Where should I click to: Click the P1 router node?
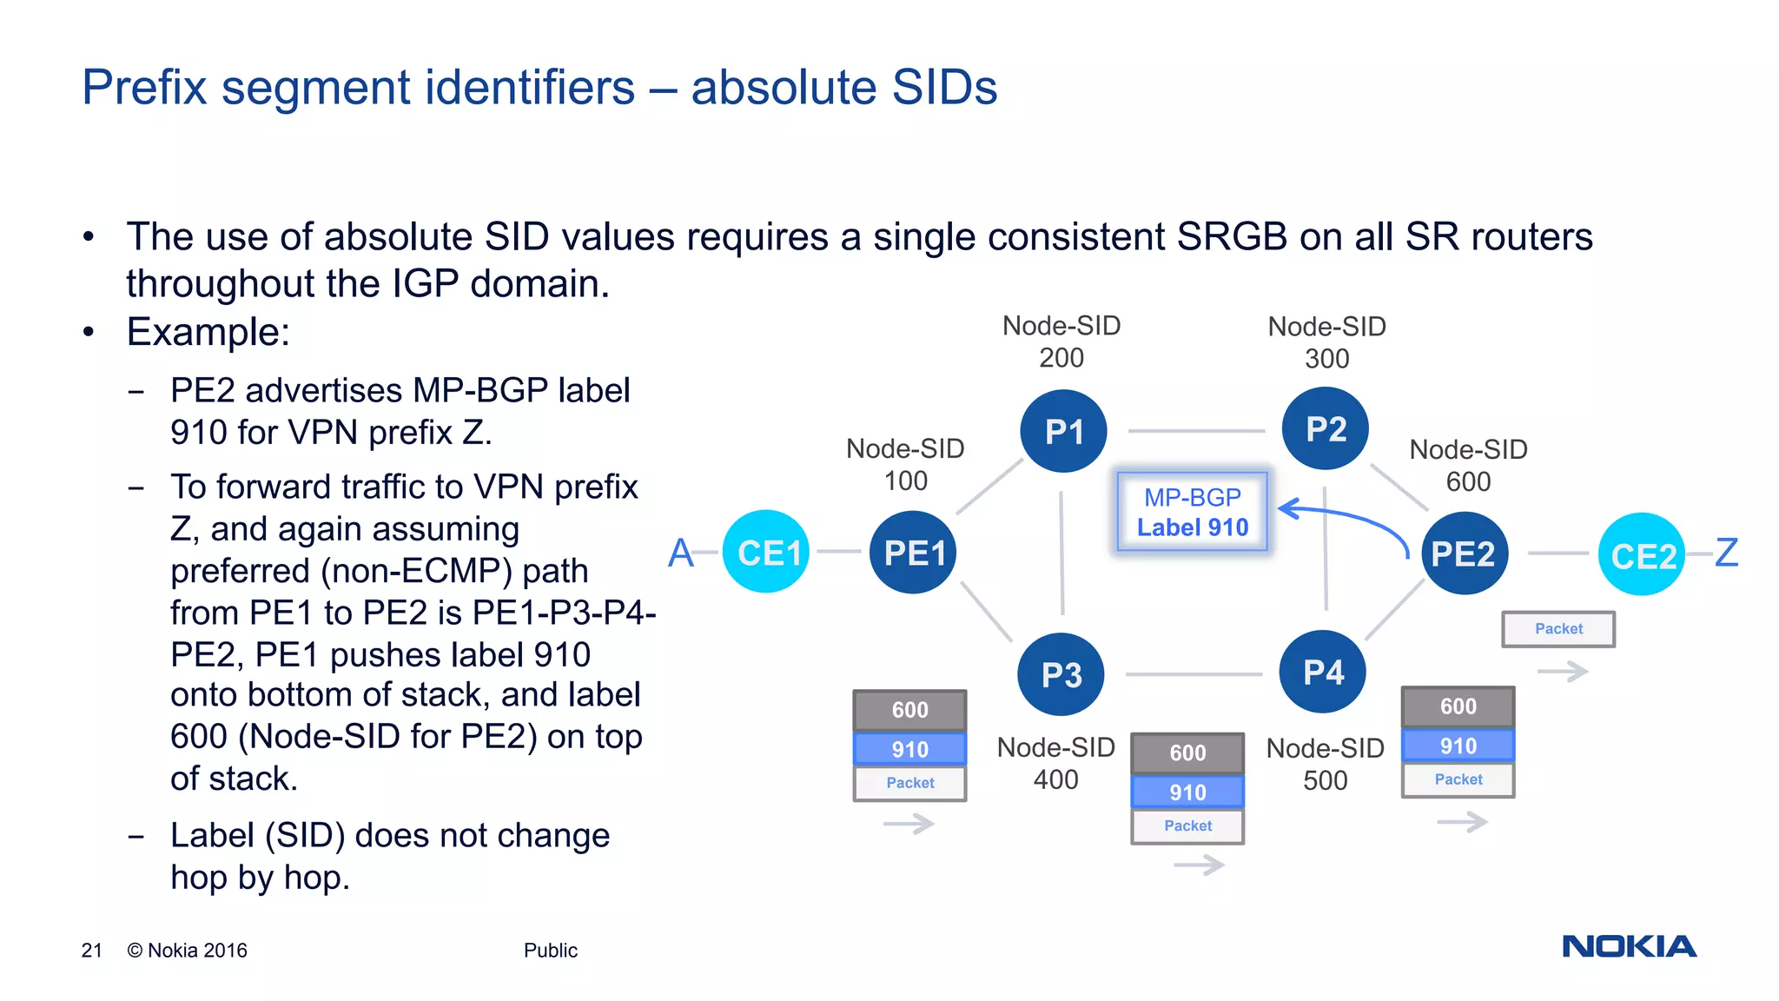point(1063,431)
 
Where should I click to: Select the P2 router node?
point(1326,428)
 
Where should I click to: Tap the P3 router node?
point(1061,674)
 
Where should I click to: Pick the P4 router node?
point(1323,672)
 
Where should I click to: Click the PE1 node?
point(913,553)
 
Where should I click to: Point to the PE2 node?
point(1464,554)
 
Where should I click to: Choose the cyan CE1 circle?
point(766,552)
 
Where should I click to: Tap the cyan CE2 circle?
point(1641,555)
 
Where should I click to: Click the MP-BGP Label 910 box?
point(1192,512)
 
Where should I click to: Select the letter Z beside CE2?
point(1727,553)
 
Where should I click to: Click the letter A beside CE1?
point(681,553)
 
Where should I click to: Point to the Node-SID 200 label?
point(1061,341)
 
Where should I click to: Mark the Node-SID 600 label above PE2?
point(1468,465)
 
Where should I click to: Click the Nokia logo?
point(1629,946)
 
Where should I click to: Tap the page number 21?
point(91,951)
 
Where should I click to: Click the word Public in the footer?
point(550,951)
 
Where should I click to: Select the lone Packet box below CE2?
point(1558,629)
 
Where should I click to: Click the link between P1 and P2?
point(1196,430)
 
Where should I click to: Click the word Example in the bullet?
point(207,332)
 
